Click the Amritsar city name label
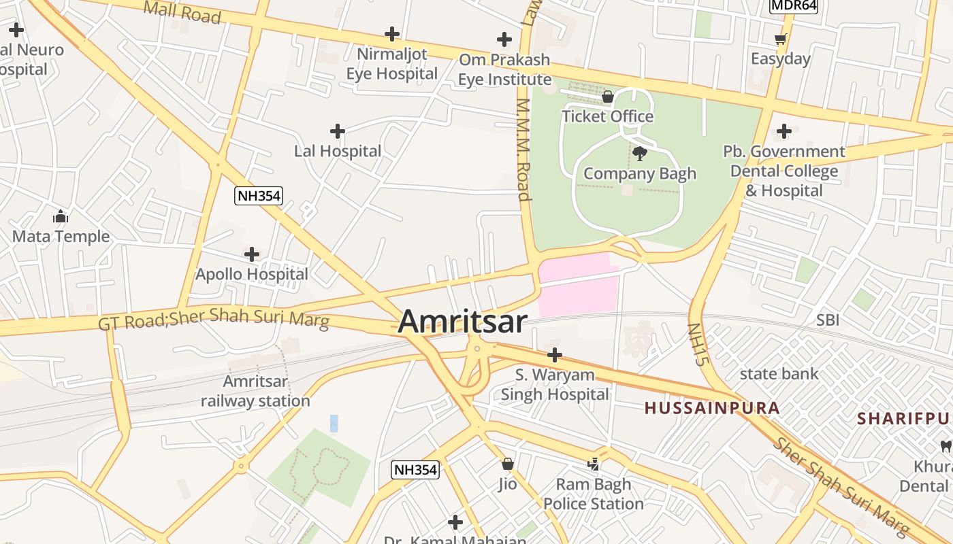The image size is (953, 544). pos(462,322)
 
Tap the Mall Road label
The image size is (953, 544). pos(183,12)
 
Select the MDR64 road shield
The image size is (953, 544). pos(793,5)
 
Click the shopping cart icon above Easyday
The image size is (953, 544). pos(781,39)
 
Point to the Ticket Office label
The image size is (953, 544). pos(607,116)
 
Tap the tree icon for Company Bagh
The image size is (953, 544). pos(639,154)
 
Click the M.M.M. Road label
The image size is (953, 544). pos(523,150)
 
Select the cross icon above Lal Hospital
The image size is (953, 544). pos(337,131)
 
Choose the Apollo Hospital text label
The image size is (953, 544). pos(252,274)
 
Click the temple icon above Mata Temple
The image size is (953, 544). pos(61,217)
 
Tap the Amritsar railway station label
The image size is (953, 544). pos(255,391)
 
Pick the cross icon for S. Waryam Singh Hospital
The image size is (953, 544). pos(555,355)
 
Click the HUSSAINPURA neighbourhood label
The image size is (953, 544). pos(711,408)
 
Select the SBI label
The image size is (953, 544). pos(828,320)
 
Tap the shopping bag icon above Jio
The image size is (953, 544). pos(507,464)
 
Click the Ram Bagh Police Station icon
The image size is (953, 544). pos(594,464)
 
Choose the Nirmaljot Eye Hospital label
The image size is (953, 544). pos(391,63)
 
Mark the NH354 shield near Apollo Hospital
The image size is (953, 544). pos(259,196)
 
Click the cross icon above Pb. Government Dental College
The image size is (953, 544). pos(784,131)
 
